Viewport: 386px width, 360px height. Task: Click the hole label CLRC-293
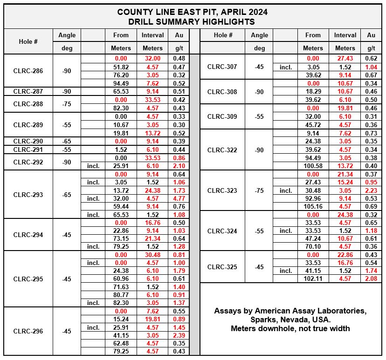tap(28, 195)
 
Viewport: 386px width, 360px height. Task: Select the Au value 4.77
tap(179, 198)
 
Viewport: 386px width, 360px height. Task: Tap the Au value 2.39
tap(179, 335)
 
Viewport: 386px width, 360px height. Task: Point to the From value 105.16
tap(313, 206)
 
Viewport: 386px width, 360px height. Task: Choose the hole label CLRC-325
tap(222, 267)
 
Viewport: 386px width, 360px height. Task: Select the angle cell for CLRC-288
tap(67, 104)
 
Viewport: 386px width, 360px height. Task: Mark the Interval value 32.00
tap(153, 59)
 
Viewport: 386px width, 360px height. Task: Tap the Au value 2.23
tap(371, 190)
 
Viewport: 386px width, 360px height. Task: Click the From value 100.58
tap(313, 166)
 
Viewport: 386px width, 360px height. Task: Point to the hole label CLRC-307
tap(222, 67)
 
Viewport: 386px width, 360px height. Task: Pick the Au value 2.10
tap(179, 166)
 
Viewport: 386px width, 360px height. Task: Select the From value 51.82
tap(121, 67)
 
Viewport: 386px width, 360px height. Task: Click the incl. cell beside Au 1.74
tap(286, 271)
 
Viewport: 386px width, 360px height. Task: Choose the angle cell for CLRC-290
tap(67, 141)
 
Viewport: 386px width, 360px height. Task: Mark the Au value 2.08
tap(371, 279)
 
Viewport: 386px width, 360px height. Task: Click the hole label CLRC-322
tap(222, 150)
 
